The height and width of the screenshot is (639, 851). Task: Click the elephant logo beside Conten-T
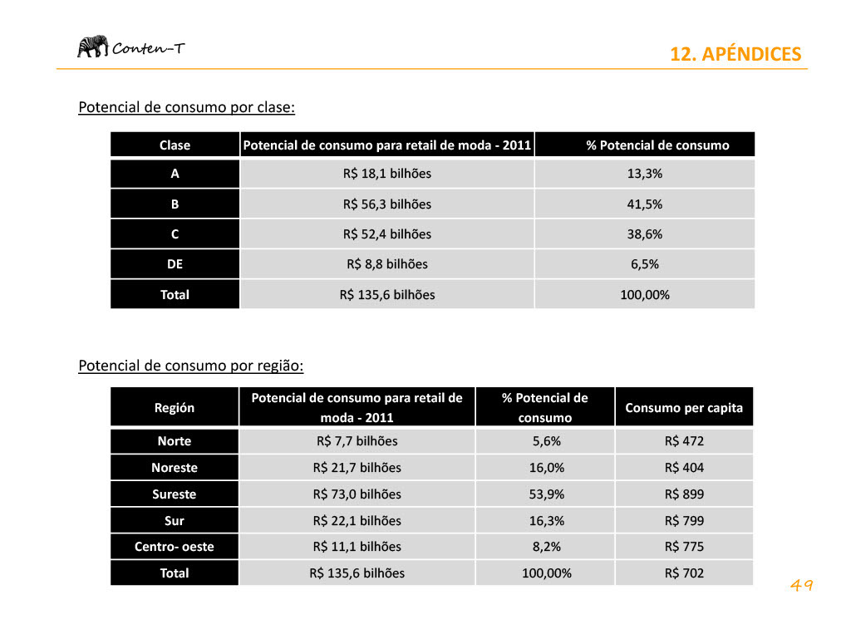tap(92, 47)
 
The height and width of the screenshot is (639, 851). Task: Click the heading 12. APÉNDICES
tap(735, 55)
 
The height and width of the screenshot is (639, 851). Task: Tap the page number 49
tap(801, 586)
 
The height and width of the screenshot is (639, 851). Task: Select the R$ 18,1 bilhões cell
tap(386, 174)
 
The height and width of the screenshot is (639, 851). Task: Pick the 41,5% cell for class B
tap(644, 204)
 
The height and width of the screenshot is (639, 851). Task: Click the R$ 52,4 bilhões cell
tap(386, 234)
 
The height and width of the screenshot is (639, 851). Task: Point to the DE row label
tap(175, 264)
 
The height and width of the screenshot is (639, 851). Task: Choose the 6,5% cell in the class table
tap(644, 264)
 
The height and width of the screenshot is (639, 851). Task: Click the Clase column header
tap(175, 145)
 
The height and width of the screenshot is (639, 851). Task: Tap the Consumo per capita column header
tap(684, 407)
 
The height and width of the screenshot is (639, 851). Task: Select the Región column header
tap(175, 407)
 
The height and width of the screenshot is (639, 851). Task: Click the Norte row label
tap(175, 441)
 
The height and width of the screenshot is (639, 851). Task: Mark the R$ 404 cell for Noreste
tap(684, 468)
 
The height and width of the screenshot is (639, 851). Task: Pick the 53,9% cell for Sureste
tap(546, 494)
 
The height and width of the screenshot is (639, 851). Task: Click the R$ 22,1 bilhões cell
tap(357, 521)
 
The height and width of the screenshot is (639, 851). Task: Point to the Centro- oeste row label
tap(175, 547)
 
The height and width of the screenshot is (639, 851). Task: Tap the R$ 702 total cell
tap(684, 573)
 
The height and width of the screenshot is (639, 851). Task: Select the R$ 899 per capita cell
tap(684, 494)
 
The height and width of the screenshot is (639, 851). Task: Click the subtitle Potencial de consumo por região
tap(190, 366)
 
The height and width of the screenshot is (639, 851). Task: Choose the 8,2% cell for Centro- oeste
tap(546, 547)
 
